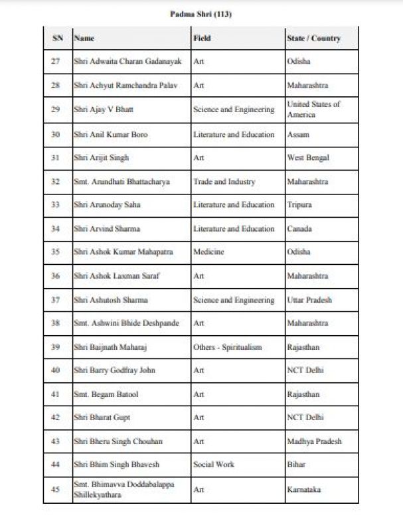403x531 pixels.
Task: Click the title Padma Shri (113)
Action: tap(200, 13)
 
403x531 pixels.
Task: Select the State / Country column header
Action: tap(313, 38)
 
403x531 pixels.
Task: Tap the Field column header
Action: tap(202, 38)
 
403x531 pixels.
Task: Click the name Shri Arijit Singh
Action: tap(101, 158)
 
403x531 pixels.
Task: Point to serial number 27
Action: tap(56, 62)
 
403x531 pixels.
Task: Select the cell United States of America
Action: tap(313, 110)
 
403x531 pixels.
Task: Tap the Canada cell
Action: tap(299, 229)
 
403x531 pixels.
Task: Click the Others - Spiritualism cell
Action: tap(227, 347)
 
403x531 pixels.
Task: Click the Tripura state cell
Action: tap(299, 205)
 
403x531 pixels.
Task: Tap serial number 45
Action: tap(56, 490)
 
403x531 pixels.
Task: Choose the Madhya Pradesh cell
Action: tap(314, 441)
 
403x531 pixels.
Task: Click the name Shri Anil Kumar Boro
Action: tap(111, 134)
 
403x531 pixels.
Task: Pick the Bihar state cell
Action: tap(296, 465)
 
